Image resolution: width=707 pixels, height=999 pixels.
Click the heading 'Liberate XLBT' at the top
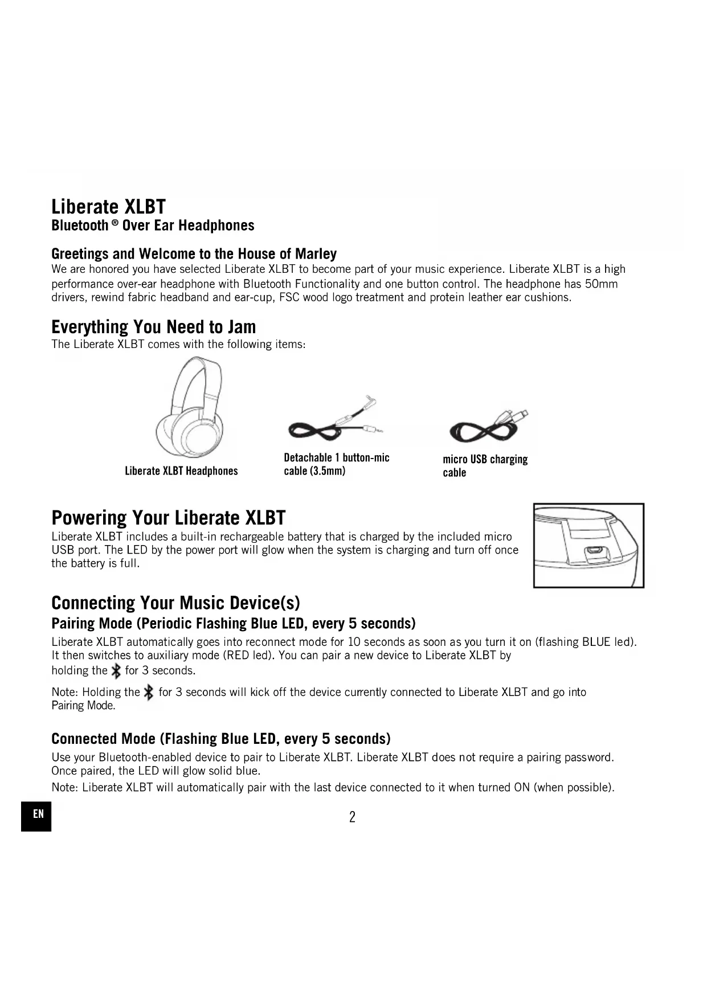(x=108, y=206)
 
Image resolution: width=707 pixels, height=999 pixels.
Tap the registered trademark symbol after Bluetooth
(x=115, y=223)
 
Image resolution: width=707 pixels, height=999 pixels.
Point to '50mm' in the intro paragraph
(x=601, y=284)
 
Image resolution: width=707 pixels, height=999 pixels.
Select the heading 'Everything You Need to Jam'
(x=153, y=327)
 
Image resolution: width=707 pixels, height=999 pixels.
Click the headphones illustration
(x=190, y=407)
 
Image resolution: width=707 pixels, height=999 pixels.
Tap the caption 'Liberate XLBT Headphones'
(x=181, y=471)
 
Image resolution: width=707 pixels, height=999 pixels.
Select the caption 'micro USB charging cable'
(x=485, y=466)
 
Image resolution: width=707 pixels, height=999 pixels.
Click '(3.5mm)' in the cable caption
(x=328, y=471)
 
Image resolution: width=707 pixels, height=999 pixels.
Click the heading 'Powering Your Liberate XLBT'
(x=168, y=518)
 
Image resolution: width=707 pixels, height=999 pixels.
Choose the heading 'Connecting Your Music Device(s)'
(x=175, y=603)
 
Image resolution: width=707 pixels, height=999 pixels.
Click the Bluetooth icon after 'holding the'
(x=116, y=671)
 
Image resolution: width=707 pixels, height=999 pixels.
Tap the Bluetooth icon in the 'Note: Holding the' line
(x=149, y=693)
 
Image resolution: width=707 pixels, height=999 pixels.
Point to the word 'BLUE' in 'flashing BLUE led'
(x=596, y=642)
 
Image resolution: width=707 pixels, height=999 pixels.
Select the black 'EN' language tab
(x=36, y=816)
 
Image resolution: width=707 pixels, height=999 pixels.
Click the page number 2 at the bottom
(x=352, y=817)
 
